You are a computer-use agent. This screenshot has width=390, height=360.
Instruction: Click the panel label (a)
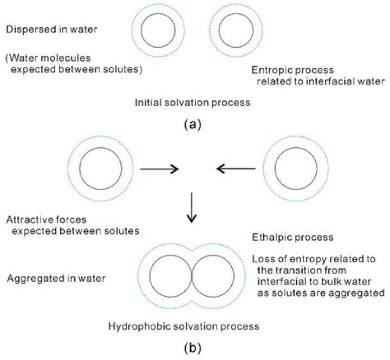pos(193,124)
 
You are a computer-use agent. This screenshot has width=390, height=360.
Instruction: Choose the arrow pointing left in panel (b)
pos(236,169)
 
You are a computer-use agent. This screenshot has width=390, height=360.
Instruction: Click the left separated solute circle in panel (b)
pos(100,167)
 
